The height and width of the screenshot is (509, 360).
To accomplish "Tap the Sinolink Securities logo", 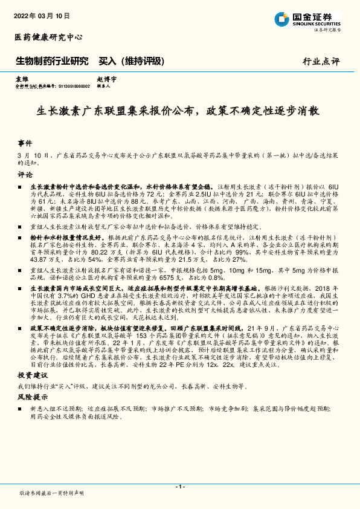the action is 307,19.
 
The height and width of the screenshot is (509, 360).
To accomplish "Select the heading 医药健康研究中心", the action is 48,37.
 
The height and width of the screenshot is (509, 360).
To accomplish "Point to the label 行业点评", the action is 321,62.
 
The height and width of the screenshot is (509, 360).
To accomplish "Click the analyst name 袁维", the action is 22,79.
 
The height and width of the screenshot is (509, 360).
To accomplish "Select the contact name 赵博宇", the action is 106,79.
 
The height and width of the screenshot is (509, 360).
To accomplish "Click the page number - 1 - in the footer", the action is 179,486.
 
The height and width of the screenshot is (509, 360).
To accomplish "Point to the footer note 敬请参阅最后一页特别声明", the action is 52,493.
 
